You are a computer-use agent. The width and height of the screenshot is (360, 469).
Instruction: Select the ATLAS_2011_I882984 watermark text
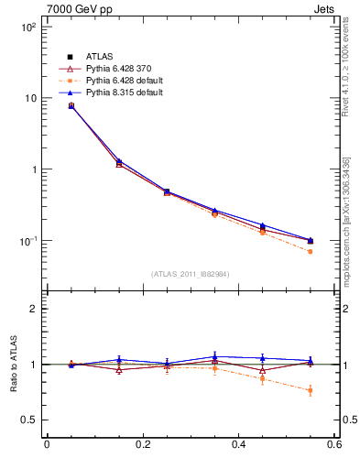coord(190,274)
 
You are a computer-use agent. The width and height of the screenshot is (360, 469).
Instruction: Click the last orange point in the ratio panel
coord(311,390)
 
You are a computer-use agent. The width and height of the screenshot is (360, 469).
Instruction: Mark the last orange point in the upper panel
coord(311,251)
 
